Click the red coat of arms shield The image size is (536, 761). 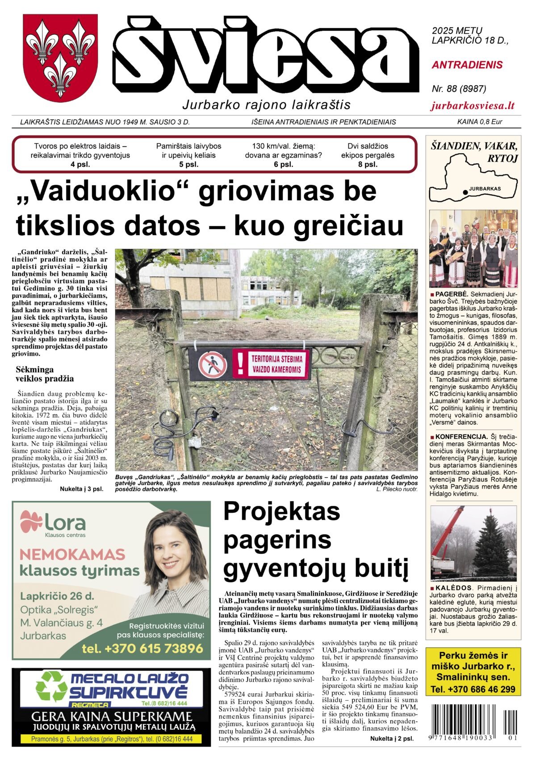pos(60,57)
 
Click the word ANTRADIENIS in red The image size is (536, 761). pos(467,65)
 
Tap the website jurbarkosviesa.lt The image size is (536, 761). pos(473,106)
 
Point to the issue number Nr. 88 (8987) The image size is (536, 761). pos(459,89)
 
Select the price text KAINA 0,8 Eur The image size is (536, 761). pos(479,122)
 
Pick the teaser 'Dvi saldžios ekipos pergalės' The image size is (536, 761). pos(368,151)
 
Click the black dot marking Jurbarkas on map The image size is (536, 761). pos(465,192)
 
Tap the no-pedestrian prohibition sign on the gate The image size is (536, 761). pos(212,364)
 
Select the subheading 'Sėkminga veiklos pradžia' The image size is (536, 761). pos(45,374)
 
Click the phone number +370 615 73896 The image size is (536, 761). pos(142,648)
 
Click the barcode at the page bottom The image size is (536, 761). pos(474,720)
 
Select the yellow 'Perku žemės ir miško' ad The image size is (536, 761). pos(473,672)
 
